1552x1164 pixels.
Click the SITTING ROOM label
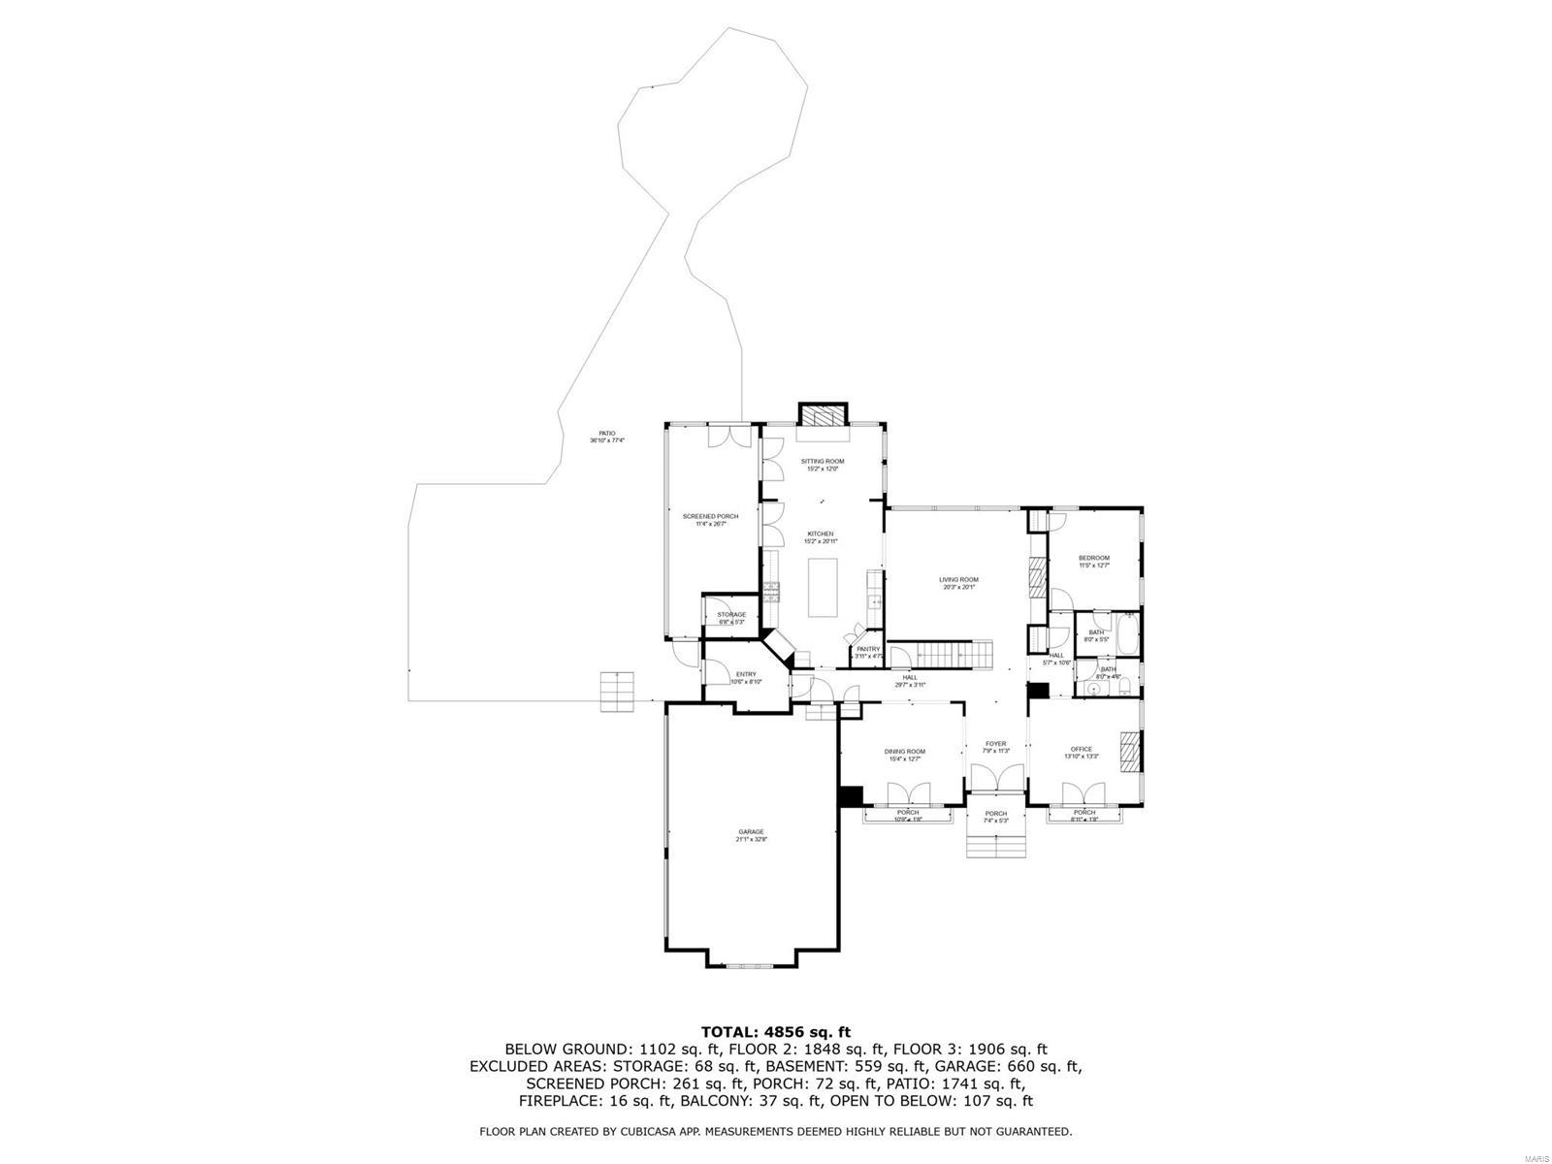point(822,461)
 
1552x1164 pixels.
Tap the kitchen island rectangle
point(824,586)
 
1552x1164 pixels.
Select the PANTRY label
point(867,649)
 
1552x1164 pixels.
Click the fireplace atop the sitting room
point(823,415)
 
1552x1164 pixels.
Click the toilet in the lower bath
point(1123,689)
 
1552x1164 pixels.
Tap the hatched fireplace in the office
point(1130,751)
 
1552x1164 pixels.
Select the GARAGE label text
point(751,831)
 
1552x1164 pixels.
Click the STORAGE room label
point(731,614)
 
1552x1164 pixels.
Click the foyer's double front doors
point(996,778)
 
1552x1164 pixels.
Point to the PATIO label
point(606,434)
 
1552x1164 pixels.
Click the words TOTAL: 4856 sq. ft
point(775,1031)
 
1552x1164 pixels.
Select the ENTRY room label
point(746,674)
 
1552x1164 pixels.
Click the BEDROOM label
point(1093,558)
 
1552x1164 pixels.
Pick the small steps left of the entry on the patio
point(617,692)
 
